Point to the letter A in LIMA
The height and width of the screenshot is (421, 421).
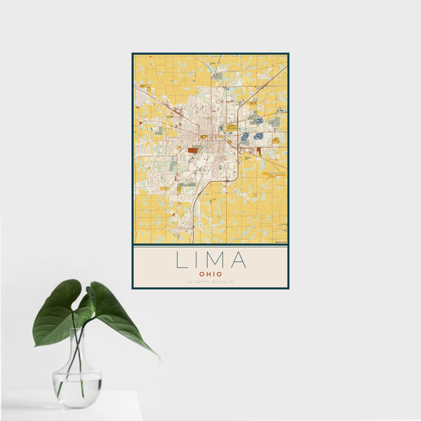pos(239,260)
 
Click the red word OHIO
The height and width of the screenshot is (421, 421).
pos(210,274)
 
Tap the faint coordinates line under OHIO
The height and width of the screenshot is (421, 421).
pos(210,282)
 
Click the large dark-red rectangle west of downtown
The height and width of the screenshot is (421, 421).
pos(192,149)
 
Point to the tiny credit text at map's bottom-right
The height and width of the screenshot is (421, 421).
pos(281,242)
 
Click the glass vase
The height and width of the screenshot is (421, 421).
pos(76,372)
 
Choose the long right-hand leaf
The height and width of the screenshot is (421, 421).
pos(119,316)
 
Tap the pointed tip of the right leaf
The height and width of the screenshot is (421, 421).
pos(159,359)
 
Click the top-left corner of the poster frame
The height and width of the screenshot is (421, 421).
pos(133,53)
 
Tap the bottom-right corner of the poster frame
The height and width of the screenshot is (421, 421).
pos(288,288)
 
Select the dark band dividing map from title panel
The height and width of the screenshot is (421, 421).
pos(210,244)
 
